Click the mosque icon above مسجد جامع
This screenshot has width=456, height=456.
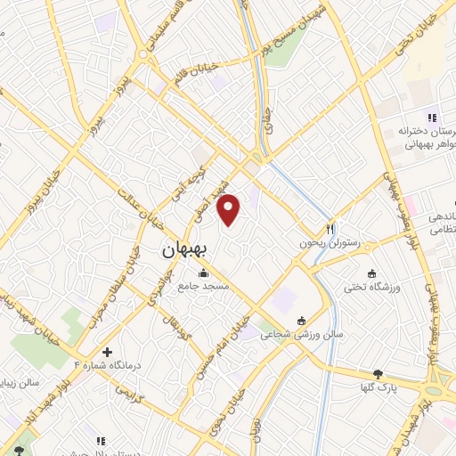(206, 273)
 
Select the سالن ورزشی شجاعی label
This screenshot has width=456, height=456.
(301, 335)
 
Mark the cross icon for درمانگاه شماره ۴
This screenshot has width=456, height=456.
(108, 353)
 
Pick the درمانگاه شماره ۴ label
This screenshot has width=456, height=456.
(107, 365)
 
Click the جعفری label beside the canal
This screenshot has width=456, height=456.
(265, 123)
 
